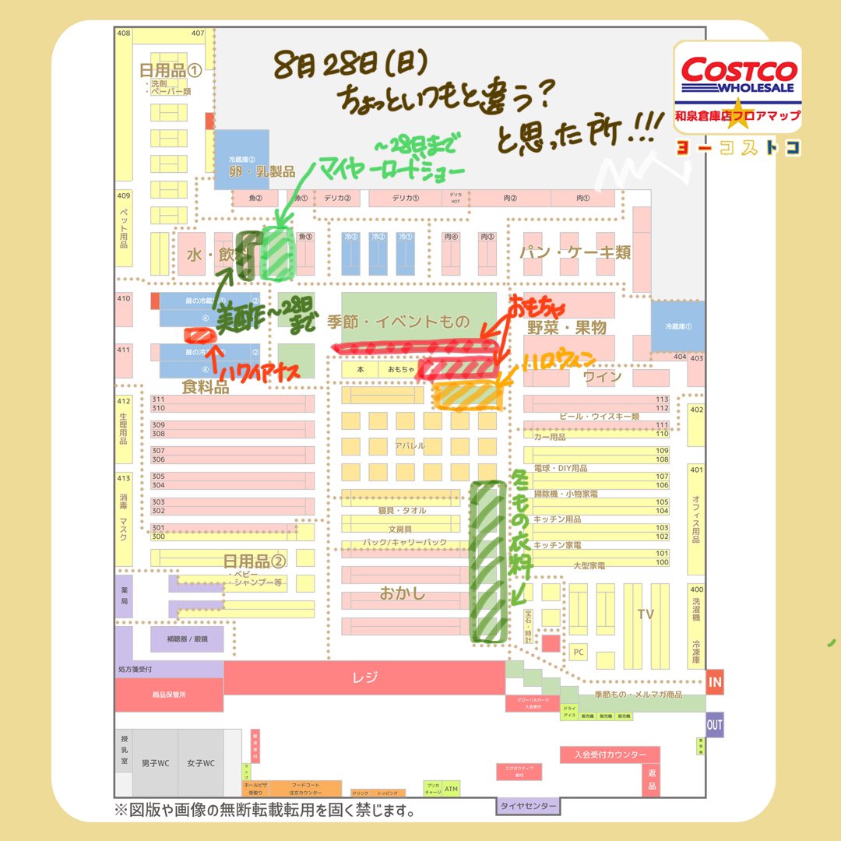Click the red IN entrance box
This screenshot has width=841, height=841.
click(715, 682)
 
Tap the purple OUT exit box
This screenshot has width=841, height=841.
click(715, 724)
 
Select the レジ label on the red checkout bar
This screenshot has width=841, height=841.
click(364, 677)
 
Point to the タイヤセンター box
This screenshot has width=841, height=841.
click(529, 806)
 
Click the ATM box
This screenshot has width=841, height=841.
click(451, 788)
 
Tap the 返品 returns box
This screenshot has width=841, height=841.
click(652, 779)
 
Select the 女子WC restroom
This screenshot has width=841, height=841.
click(200, 763)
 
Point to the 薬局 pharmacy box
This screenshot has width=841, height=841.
click(124, 596)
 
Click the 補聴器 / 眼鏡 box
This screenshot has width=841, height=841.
click(187, 639)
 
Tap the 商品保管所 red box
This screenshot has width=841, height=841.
click(169, 695)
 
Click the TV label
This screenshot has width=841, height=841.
click(646, 614)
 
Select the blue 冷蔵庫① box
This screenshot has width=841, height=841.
click(677, 326)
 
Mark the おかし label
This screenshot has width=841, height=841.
click(403, 593)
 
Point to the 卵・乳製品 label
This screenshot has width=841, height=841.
click(262, 172)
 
